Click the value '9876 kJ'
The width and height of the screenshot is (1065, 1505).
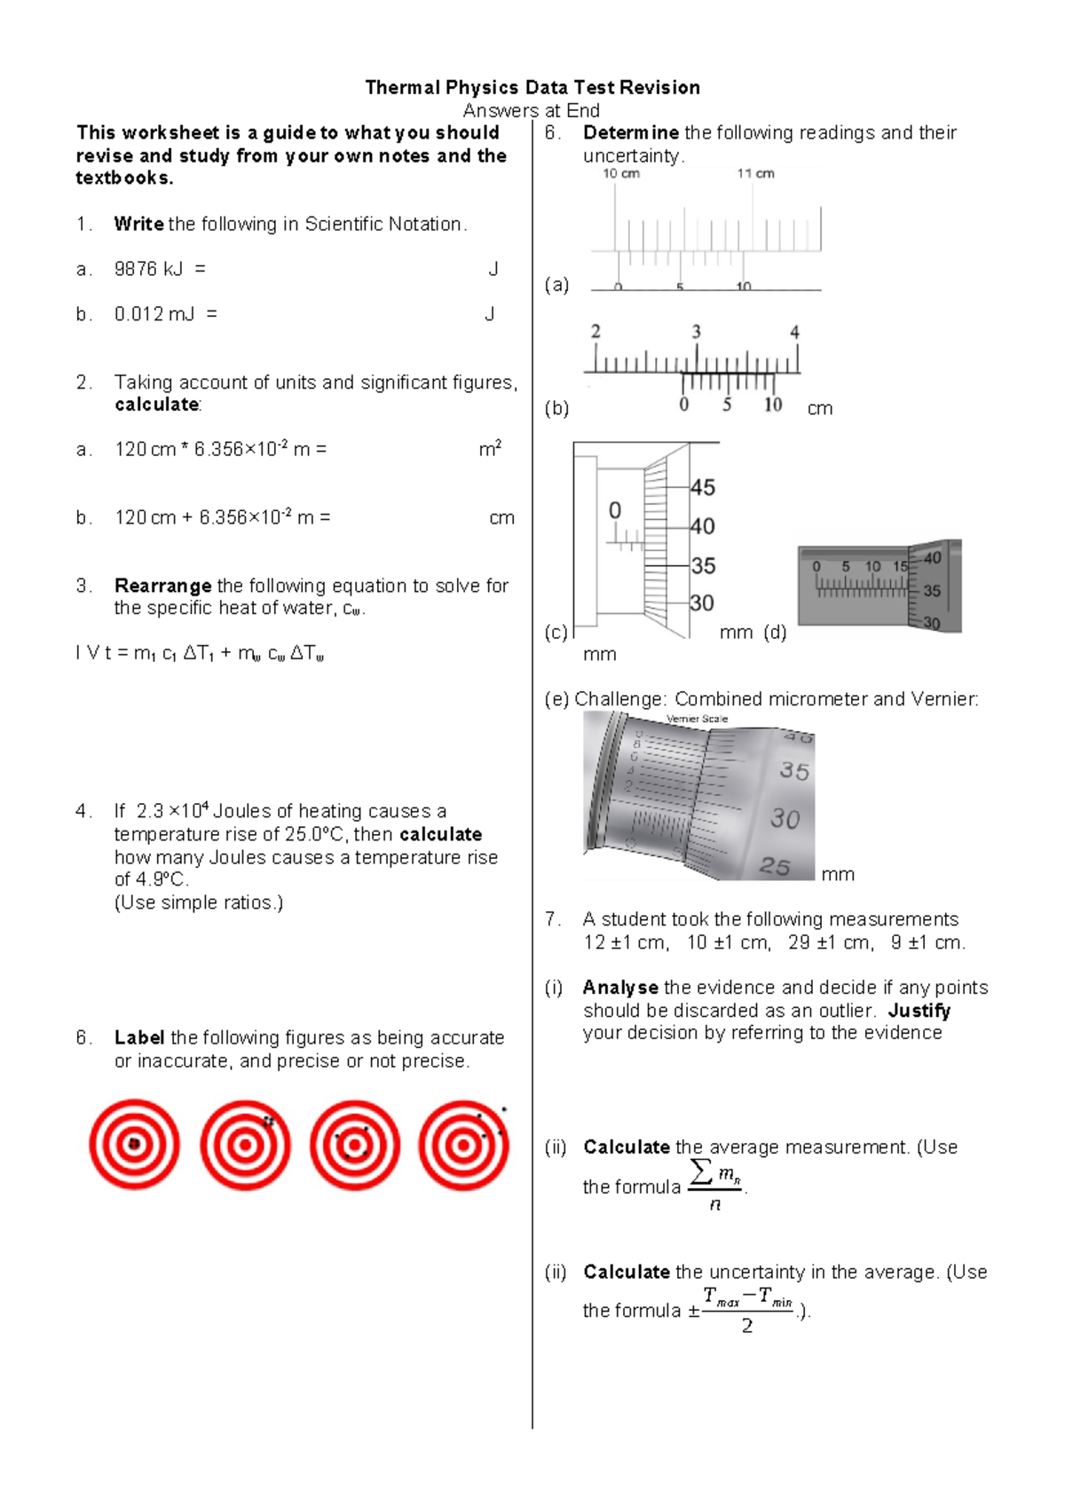(x=148, y=269)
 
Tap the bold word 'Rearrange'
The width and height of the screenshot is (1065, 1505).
(x=162, y=586)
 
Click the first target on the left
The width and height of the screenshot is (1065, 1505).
(x=134, y=1145)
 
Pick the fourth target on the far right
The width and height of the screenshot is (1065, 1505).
(x=463, y=1145)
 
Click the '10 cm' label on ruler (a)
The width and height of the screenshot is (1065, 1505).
(x=621, y=174)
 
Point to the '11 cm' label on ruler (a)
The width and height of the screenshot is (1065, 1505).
(x=755, y=174)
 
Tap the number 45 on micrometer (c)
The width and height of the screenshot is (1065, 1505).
(x=702, y=487)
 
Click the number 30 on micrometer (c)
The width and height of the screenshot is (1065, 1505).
(x=701, y=603)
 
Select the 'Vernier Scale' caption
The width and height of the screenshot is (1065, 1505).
(x=697, y=719)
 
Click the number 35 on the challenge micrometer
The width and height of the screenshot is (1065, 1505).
(x=794, y=770)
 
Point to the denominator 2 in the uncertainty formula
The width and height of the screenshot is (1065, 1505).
(x=747, y=1326)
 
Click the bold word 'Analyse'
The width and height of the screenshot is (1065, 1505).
(x=619, y=988)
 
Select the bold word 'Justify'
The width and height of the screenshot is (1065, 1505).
(x=919, y=1011)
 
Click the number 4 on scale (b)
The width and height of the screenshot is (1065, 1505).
(x=794, y=332)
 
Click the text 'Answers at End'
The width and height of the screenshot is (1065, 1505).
(x=531, y=110)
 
